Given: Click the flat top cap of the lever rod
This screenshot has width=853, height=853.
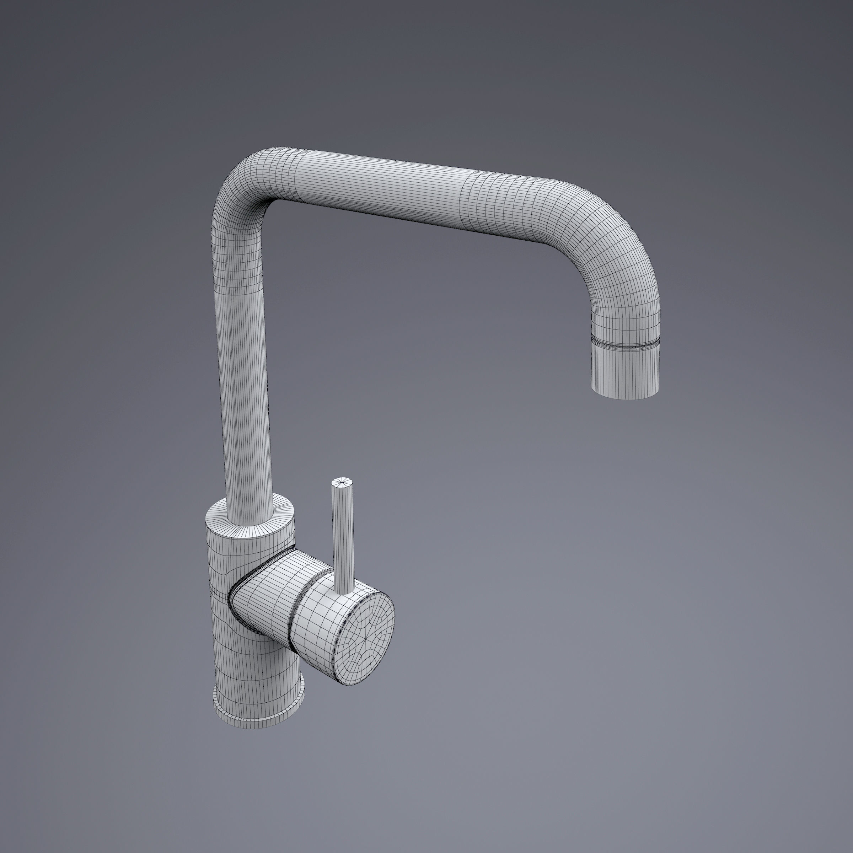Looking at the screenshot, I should click(343, 482).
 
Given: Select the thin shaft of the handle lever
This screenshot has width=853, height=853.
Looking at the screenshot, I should click(343, 539).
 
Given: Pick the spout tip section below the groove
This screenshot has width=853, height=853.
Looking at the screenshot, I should click(625, 369).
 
